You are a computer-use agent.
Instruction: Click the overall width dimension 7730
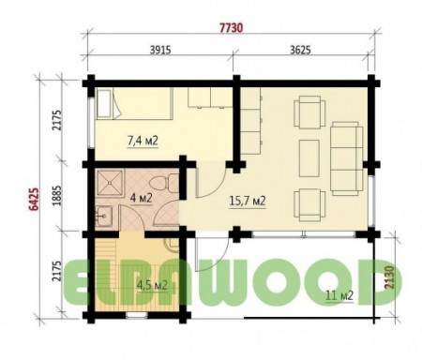tap(231, 28)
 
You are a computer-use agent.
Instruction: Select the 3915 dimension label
tap(160, 50)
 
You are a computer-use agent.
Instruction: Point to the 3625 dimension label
tap(300, 50)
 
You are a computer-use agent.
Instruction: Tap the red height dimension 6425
tap(34, 200)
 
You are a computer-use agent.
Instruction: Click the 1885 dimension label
tap(57, 196)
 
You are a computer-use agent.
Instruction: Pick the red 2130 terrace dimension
tap(388, 277)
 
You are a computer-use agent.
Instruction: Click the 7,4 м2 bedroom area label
tap(143, 141)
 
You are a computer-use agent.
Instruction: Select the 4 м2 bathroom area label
tap(141, 198)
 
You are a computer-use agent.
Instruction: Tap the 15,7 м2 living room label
tap(248, 201)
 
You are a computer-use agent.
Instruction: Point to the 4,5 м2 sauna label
tap(152, 285)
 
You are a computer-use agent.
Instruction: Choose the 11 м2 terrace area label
tap(339, 294)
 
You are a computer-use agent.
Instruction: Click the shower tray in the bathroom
tap(110, 183)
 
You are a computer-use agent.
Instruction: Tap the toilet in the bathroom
tap(163, 183)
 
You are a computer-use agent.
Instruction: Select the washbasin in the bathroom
tap(104, 216)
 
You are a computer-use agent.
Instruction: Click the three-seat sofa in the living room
tap(347, 158)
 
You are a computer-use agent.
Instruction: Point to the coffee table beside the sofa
tap(309, 158)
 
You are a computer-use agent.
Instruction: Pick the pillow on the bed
tap(104, 104)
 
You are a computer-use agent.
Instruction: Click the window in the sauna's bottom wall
tap(137, 315)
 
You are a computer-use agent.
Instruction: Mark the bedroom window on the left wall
tap(91, 123)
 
